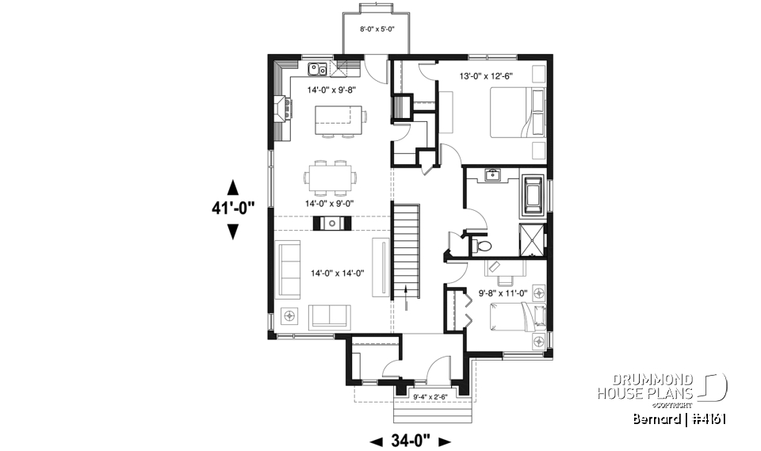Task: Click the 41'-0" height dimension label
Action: coord(232,209)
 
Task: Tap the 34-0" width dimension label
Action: coord(411,441)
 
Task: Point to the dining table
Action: coord(331,178)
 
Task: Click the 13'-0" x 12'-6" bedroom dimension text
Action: coord(487,77)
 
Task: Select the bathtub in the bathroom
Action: coord(530,195)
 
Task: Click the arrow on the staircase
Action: coord(407,292)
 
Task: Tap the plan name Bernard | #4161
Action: coord(681,418)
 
